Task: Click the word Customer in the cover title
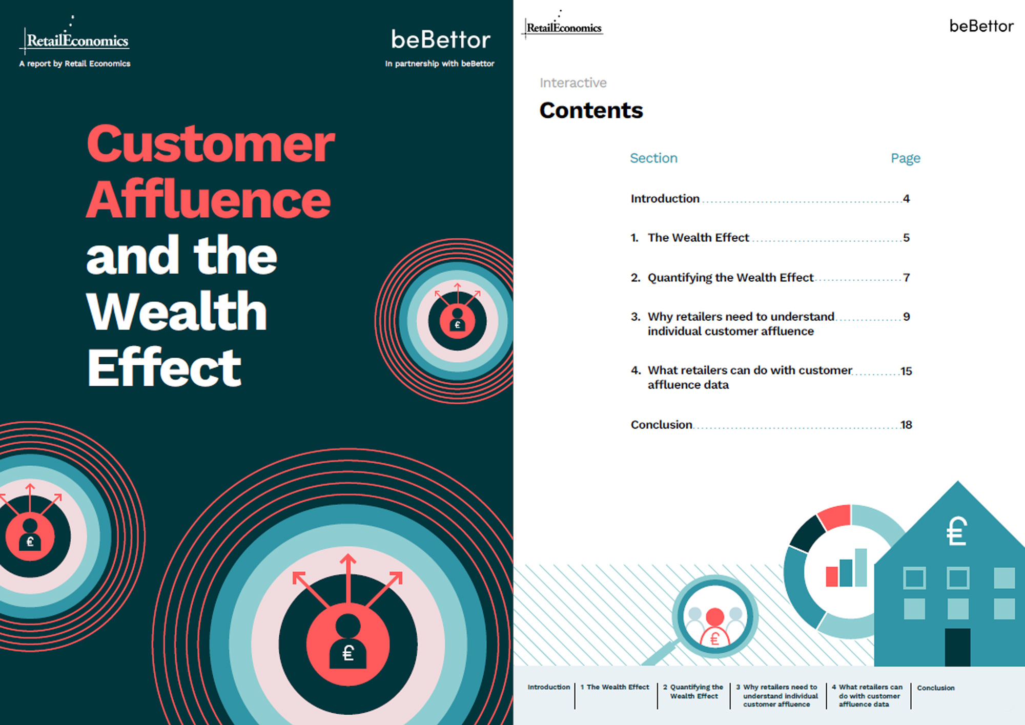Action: coord(211,144)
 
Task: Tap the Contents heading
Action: coord(591,110)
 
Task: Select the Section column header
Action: coord(653,158)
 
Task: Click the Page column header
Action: coord(906,158)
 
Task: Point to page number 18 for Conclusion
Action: coord(906,425)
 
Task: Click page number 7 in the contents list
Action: coord(907,278)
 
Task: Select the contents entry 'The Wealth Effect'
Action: coord(698,238)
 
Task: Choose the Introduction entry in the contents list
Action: coord(665,198)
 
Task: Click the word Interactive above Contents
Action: coord(573,82)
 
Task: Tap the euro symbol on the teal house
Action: coord(956,531)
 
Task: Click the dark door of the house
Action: coord(957,647)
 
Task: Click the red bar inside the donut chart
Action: coord(831,576)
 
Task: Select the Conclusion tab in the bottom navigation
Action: coord(936,688)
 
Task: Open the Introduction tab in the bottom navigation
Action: coord(548,687)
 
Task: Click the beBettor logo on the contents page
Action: coord(981,26)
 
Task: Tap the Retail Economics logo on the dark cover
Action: coord(75,36)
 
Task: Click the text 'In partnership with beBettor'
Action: coord(440,64)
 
